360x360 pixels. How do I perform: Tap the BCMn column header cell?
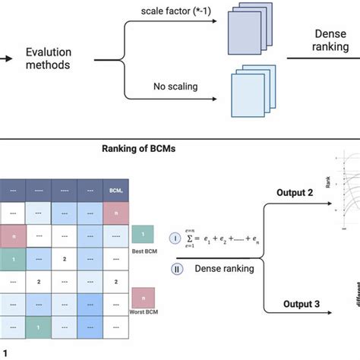(116, 190)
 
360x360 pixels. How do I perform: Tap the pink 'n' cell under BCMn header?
(116, 213)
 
